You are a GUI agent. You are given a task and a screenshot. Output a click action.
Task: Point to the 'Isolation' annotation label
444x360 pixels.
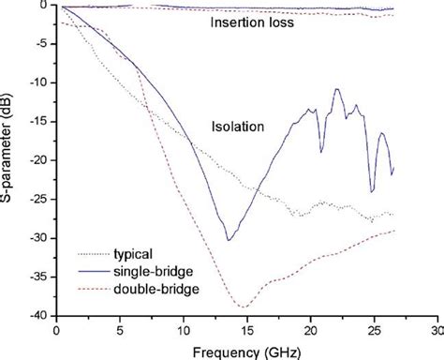[x=236, y=125]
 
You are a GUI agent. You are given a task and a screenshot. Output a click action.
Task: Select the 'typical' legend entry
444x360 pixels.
[x=133, y=252]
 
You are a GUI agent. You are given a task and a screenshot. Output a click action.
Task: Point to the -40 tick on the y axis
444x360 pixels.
[x=41, y=316]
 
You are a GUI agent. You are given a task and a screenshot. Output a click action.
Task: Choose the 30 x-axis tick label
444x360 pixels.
[x=437, y=329]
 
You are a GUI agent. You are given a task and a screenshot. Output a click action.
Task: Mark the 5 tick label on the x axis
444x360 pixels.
[x=120, y=329]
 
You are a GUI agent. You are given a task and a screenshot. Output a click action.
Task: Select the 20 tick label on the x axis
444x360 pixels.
[x=310, y=329]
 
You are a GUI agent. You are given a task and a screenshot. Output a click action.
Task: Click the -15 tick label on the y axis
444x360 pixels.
[x=41, y=122]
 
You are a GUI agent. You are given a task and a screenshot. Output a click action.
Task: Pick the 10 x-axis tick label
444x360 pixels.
[x=184, y=329]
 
